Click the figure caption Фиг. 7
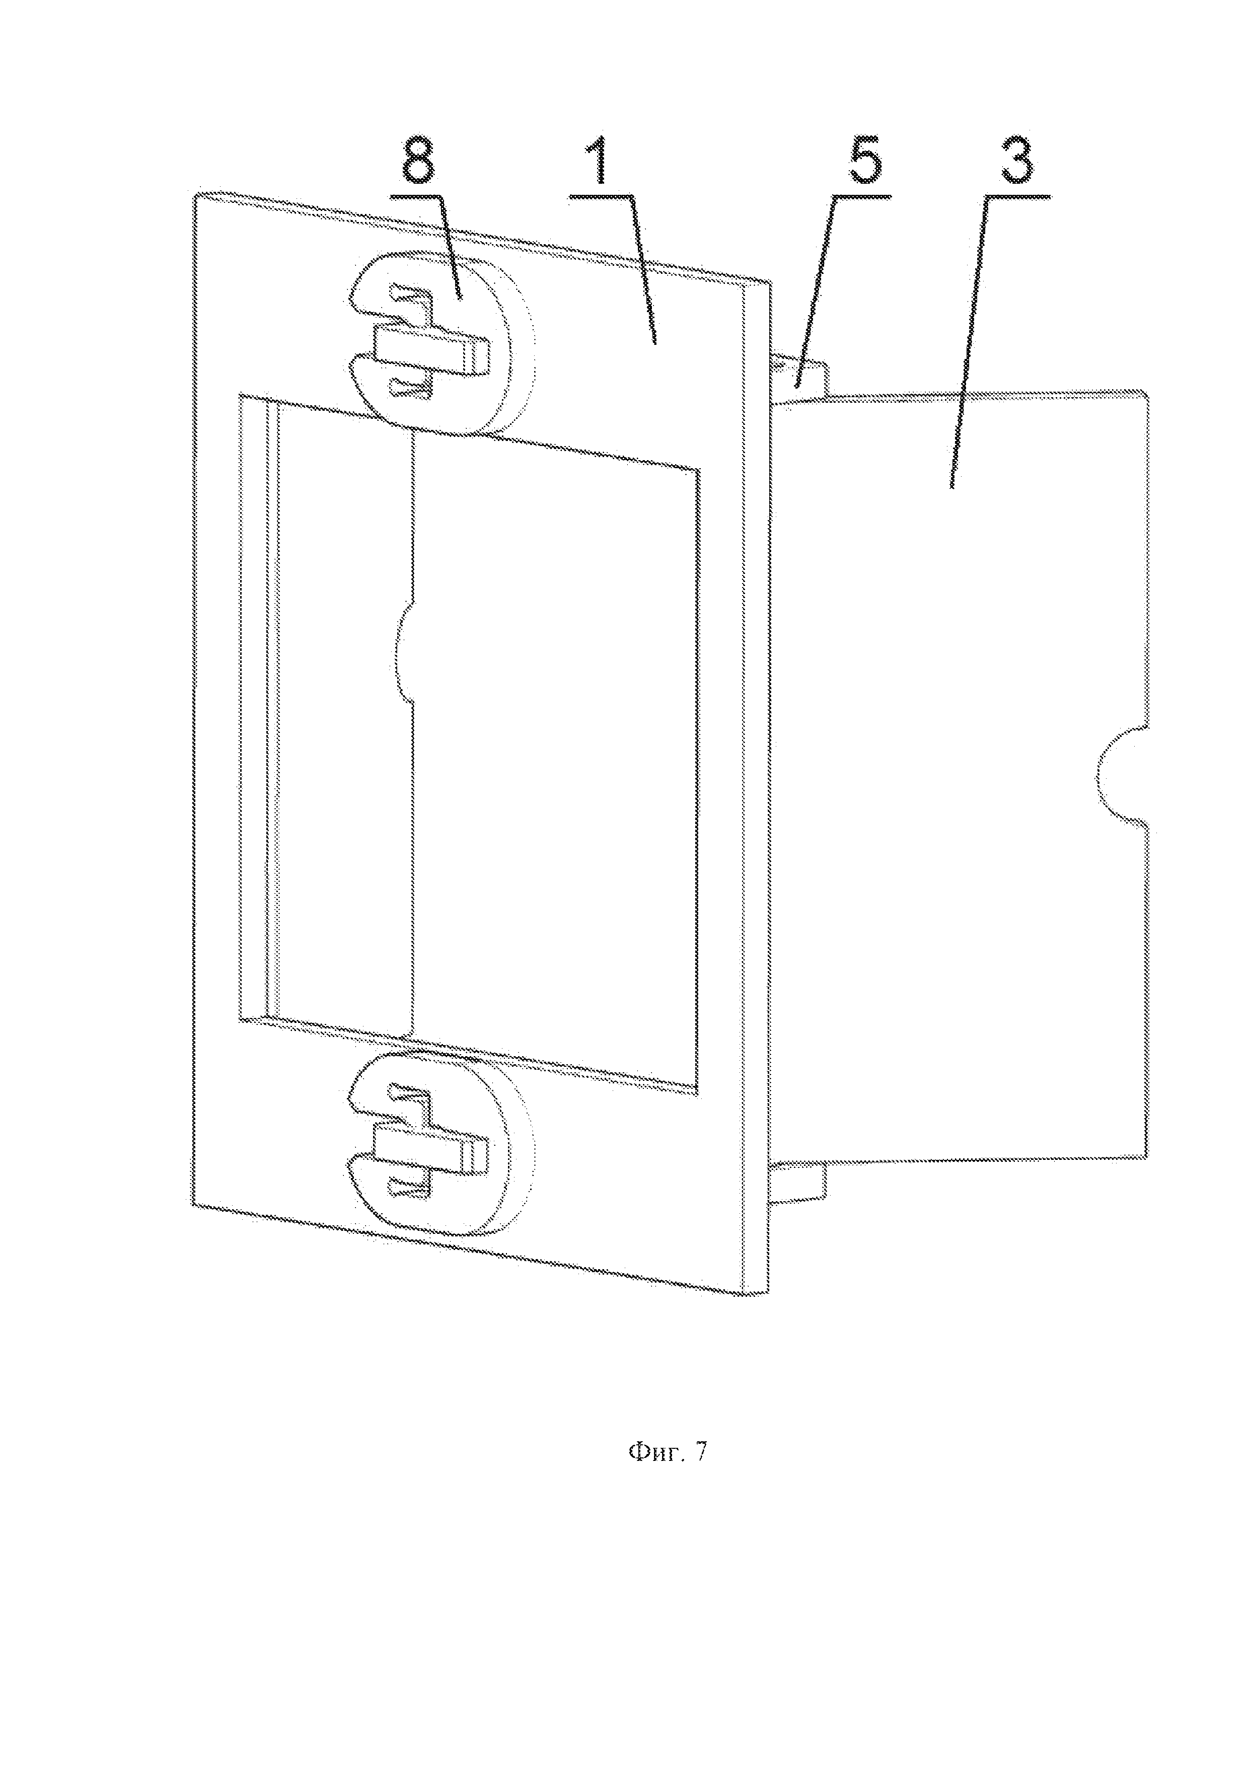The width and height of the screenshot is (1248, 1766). click(x=667, y=1452)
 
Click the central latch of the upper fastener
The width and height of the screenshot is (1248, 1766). click(x=430, y=350)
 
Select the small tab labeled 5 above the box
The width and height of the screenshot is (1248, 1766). click(x=800, y=378)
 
